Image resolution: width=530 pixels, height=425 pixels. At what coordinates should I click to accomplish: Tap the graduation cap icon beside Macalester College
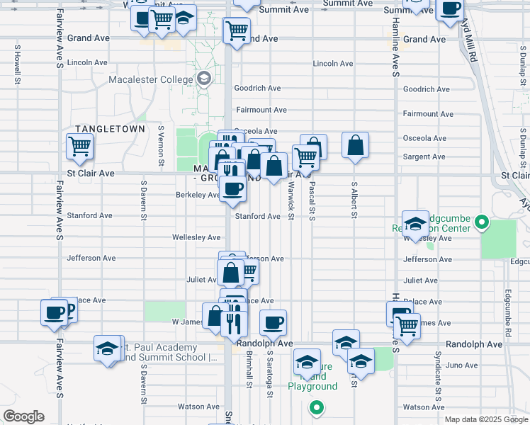(205, 78)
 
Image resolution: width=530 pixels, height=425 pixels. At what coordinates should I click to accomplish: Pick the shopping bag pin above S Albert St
(355, 145)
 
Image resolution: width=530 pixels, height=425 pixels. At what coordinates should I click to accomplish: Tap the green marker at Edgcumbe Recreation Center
(482, 223)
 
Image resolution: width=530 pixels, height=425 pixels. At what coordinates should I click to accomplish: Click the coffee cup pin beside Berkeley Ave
(232, 188)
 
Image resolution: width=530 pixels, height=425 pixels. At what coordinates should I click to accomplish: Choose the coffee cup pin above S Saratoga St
(273, 323)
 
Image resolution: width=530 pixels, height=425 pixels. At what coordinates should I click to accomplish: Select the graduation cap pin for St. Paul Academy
(108, 348)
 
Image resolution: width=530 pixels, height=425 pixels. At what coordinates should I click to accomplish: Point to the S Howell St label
(16, 66)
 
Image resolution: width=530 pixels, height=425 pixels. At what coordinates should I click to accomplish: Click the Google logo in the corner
(23, 416)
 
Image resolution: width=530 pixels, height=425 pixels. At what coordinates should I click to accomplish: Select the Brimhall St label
(249, 371)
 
